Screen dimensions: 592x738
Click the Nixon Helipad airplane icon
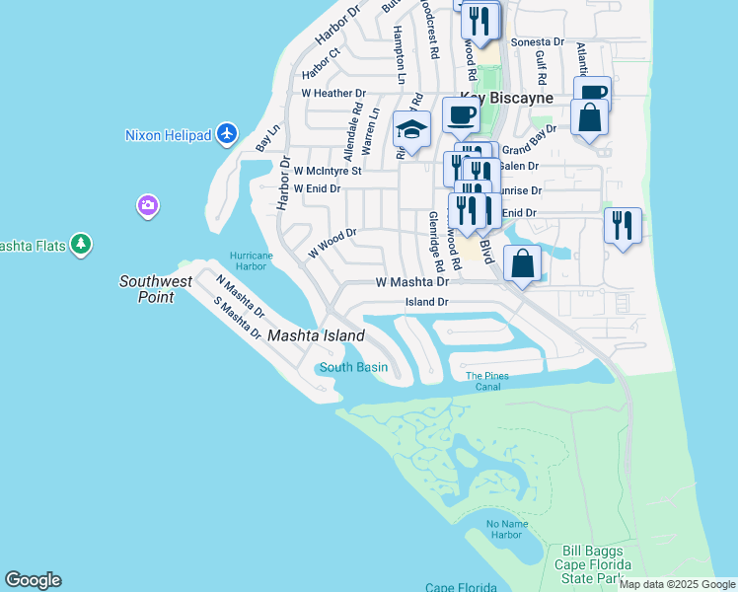228,133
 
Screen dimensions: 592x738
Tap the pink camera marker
147,205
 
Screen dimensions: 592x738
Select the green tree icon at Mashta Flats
81,244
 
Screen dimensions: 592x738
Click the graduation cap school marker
411,130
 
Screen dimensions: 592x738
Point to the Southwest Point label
156,288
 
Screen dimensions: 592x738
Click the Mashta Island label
316,335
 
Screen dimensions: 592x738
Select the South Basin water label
353,368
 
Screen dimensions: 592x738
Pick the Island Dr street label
427,302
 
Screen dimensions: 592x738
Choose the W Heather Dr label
332,94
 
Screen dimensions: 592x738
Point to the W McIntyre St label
328,170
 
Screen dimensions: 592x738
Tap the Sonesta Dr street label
544,43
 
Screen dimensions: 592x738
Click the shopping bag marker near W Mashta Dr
522,264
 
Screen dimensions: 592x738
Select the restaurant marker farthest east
623,225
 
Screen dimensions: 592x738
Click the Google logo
33,580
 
